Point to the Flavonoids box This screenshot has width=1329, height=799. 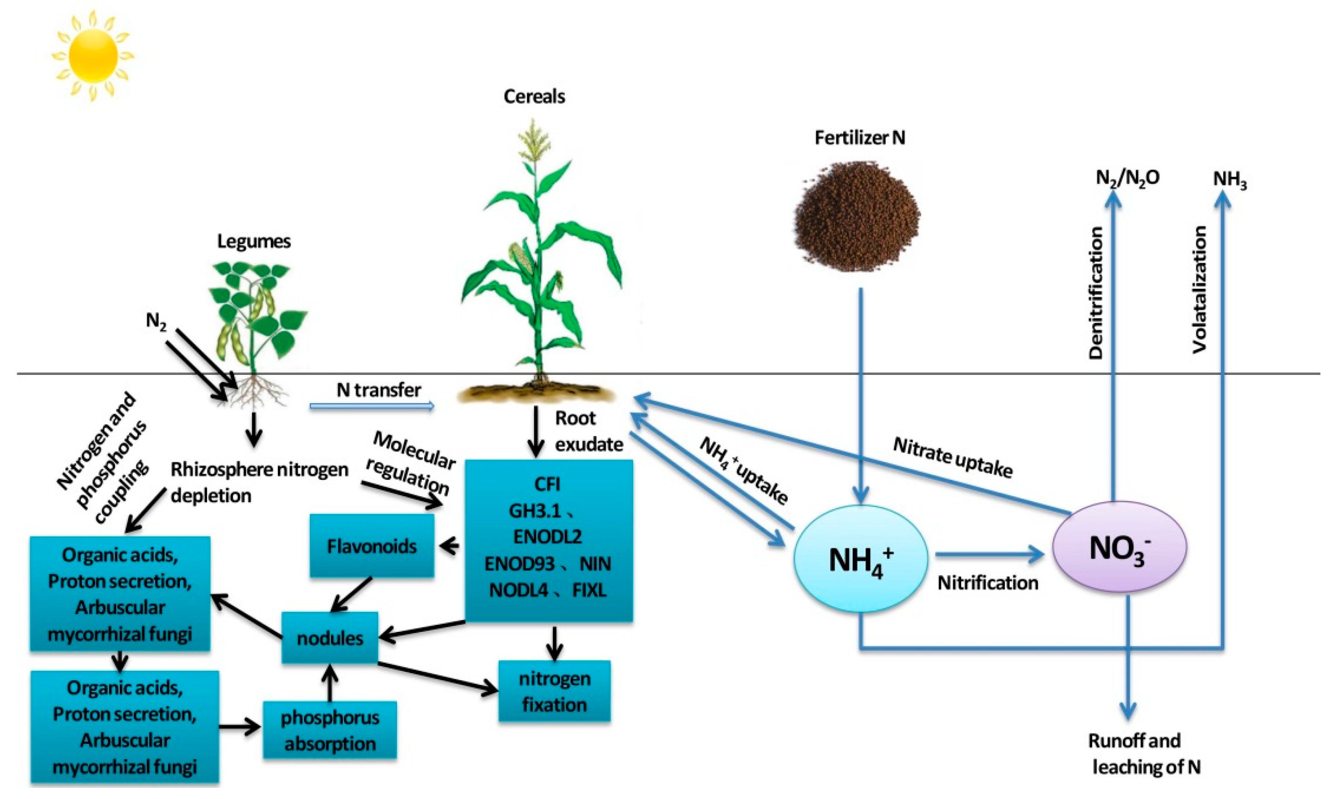[x=372, y=546]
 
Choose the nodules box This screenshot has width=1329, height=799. [x=330, y=638]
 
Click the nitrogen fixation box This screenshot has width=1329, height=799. [x=555, y=691]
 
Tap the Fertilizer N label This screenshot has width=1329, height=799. [x=859, y=138]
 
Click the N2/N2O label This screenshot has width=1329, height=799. [x=1127, y=177]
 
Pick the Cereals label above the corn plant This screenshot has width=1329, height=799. [x=534, y=97]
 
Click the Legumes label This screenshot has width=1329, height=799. [x=254, y=241]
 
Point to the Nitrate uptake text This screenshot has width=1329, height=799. [x=953, y=458]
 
